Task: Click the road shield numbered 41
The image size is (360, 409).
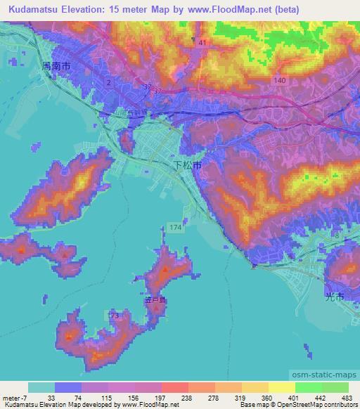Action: click(x=203, y=44)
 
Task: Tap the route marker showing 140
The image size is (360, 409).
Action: click(x=280, y=81)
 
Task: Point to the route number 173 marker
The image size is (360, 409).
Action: click(x=114, y=317)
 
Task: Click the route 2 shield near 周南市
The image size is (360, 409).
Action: click(x=109, y=83)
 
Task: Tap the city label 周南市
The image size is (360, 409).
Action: click(x=57, y=65)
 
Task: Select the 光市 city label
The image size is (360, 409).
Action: click(x=335, y=297)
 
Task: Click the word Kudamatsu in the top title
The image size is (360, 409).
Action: click(x=36, y=9)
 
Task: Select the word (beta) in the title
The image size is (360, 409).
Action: click(x=288, y=9)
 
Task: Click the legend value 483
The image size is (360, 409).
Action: click(x=346, y=397)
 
